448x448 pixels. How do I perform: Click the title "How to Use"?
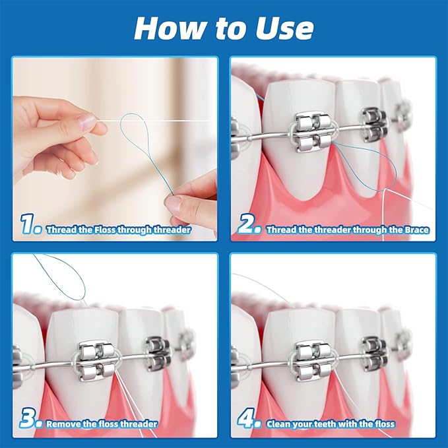224,28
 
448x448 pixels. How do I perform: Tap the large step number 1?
30,226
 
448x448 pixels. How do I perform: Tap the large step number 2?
249,227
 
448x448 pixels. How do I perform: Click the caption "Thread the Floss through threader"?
119,230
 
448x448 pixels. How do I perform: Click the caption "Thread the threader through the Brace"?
347,230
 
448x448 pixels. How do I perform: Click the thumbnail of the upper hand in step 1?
86,121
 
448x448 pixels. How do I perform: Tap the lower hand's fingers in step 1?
191,198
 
